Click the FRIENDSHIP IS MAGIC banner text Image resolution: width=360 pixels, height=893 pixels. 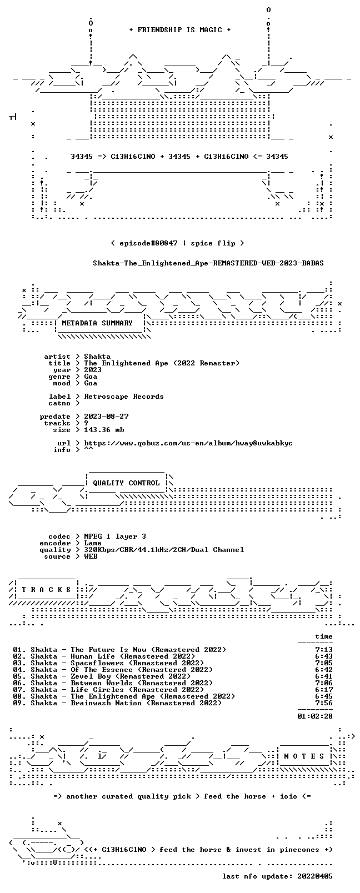pyautogui.click(x=180, y=30)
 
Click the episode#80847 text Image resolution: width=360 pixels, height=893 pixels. pyautogui.click(x=148, y=243)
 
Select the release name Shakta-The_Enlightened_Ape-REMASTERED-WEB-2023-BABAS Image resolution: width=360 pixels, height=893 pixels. pyautogui.click(x=208, y=263)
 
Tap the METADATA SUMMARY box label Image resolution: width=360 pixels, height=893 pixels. pyautogui.click(x=97, y=323)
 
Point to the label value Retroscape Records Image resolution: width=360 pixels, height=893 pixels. pyautogui.click(x=123, y=397)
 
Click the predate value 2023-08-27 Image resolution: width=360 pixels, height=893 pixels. pyautogui.click(x=106, y=417)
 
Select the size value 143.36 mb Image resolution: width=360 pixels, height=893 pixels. pyautogui.click(x=104, y=430)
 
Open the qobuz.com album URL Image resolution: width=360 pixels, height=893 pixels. pyautogui.click(x=188, y=443)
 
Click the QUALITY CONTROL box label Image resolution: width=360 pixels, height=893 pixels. pyautogui.click(x=126, y=483)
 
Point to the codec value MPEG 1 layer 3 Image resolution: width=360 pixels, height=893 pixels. pyautogui.click(x=115, y=536)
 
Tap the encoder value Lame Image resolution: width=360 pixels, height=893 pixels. pyautogui.click(x=92, y=543)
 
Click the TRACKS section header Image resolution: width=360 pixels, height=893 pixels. pyautogui.click(x=46, y=590)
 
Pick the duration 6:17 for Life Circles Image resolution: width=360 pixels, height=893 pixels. pyautogui.click(x=324, y=690)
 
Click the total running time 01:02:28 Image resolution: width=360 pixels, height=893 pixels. pyautogui.click(x=315, y=716)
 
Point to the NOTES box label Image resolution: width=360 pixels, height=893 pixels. pyautogui.click(x=304, y=756)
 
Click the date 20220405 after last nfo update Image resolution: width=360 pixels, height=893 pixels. pyautogui.click(x=315, y=876)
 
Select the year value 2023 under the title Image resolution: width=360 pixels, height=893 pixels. pyautogui.click(x=92, y=370)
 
